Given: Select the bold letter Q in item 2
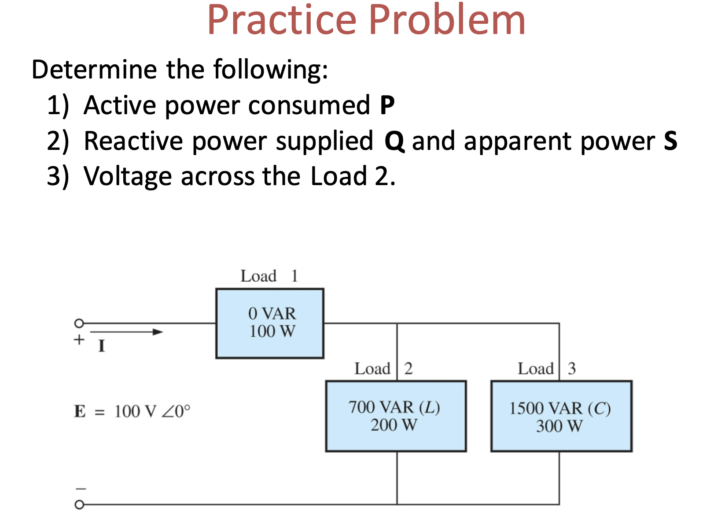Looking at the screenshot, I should click(x=394, y=141).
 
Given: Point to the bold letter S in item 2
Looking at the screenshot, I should click(x=670, y=141).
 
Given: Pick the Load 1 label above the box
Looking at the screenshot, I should click(x=269, y=276).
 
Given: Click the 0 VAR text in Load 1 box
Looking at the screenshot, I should click(x=272, y=313).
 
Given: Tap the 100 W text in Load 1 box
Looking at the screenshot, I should click(x=272, y=331).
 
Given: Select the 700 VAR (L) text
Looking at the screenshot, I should click(x=394, y=407).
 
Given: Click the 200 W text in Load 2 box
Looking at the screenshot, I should click(x=394, y=425).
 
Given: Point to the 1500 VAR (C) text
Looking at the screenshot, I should click(x=559, y=408).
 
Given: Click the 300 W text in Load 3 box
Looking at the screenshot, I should click(x=559, y=426).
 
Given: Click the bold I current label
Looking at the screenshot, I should click(x=102, y=346).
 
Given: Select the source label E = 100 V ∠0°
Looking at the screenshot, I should click(x=132, y=411).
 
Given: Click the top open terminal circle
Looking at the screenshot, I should click(x=79, y=324).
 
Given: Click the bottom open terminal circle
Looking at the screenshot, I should click(x=79, y=505).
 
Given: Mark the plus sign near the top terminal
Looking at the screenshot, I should click(x=79, y=340).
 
